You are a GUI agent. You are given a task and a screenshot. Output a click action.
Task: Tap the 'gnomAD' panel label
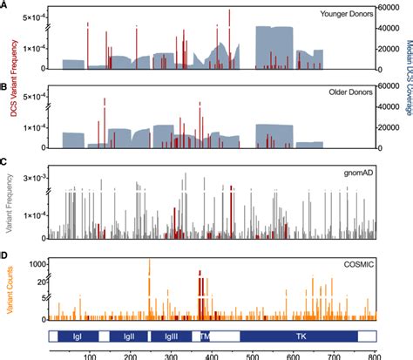(355, 173)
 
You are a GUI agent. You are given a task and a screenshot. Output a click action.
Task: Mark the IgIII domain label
(172, 335)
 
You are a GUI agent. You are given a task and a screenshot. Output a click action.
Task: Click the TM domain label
(206, 335)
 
